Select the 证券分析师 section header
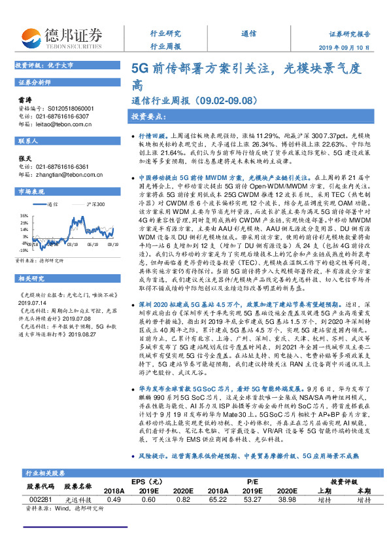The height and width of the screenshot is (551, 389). click(34, 82)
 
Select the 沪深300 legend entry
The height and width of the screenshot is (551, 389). click(95, 204)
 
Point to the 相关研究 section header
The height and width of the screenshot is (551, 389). click(30, 279)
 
